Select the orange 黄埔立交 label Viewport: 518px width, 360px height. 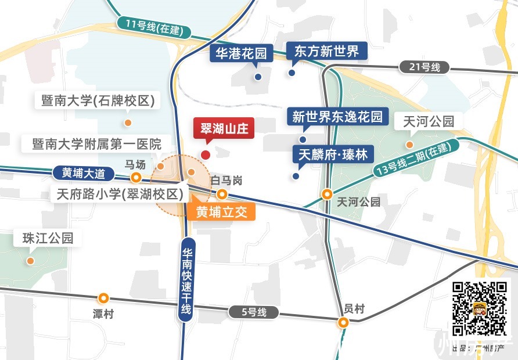(222, 212)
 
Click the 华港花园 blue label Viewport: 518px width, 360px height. (241, 53)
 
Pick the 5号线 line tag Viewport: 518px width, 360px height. (254, 312)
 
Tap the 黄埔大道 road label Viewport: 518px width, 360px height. (84, 172)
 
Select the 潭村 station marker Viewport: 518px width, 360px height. (103, 298)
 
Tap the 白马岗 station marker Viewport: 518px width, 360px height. (221, 194)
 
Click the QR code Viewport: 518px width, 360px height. (480, 309)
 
